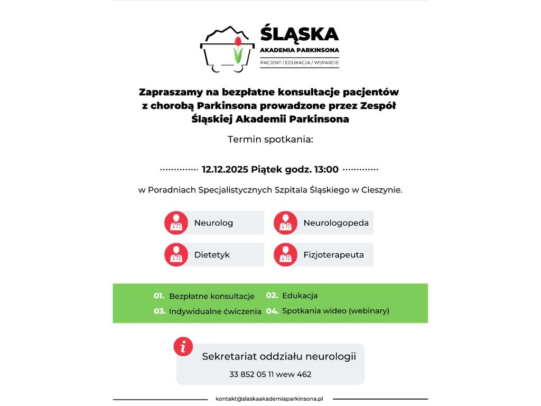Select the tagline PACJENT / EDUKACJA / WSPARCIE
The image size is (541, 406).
(x=299, y=63)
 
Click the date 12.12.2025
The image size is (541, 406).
(x=225, y=170)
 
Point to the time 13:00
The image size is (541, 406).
(x=326, y=170)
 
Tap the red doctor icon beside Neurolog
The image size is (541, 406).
(x=176, y=223)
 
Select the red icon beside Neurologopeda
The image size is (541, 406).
(x=285, y=223)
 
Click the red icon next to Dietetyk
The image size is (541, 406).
(x=176, y=255)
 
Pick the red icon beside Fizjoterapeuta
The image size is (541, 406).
(x=285, y=255)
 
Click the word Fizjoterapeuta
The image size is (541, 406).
(x=333, y=255)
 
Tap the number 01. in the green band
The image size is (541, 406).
(x=159, y=296)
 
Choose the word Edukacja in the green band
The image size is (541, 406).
(x=300, y=296)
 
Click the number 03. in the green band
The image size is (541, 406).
(x=160, y=311)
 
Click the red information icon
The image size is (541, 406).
(x=183, y=347)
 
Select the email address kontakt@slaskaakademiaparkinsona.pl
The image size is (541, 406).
(x=269, y=399)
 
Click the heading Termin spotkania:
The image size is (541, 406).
(x=270, y=140)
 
